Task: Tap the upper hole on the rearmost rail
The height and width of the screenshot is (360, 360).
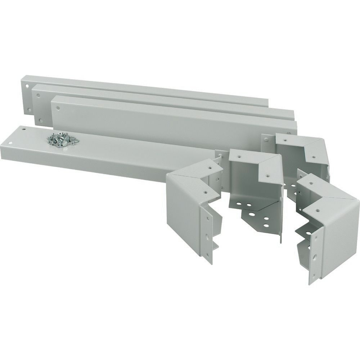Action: (x=27, y=87)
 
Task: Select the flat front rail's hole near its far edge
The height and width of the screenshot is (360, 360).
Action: (x=23, y=128)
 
